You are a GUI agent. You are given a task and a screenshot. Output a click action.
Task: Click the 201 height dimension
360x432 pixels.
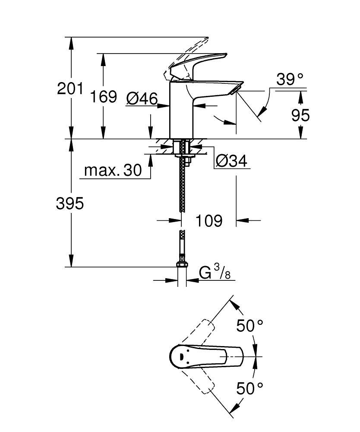(70, 89)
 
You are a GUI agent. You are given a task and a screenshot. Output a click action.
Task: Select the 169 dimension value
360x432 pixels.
(103, 97)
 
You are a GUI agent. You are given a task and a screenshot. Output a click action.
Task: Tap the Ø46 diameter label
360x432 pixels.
(142, 99)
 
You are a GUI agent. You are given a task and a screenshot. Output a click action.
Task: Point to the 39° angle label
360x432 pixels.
(290, 79)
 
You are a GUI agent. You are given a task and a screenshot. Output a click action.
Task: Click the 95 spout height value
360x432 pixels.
(300, 115)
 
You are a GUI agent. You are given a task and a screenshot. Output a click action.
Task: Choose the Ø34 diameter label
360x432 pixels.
(231, 162)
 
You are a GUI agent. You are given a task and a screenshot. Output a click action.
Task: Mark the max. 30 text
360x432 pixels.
(113, 171)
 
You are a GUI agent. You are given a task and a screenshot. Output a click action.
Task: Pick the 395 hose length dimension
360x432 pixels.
(70, 203)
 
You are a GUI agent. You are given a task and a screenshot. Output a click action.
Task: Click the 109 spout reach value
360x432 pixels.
(209, 221)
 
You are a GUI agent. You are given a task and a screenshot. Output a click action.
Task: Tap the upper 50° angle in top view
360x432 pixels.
(249, 325)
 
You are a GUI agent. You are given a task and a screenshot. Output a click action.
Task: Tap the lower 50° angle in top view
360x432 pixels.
(249, 388)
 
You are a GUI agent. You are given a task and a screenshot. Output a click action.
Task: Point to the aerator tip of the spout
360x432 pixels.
(236, 89)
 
